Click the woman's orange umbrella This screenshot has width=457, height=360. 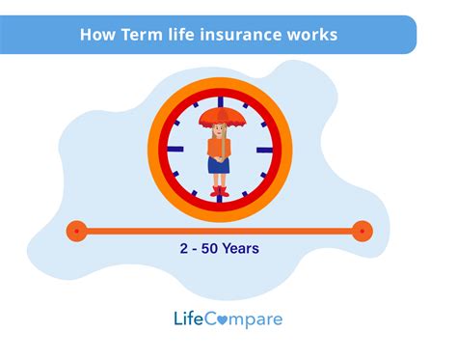(x=219, y=119)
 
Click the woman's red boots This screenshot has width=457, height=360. (x=219, y=191)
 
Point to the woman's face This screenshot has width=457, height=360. (x=220, y=130)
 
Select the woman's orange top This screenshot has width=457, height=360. (x=219, y=147)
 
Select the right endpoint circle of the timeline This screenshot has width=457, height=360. (x=362, y=231)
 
